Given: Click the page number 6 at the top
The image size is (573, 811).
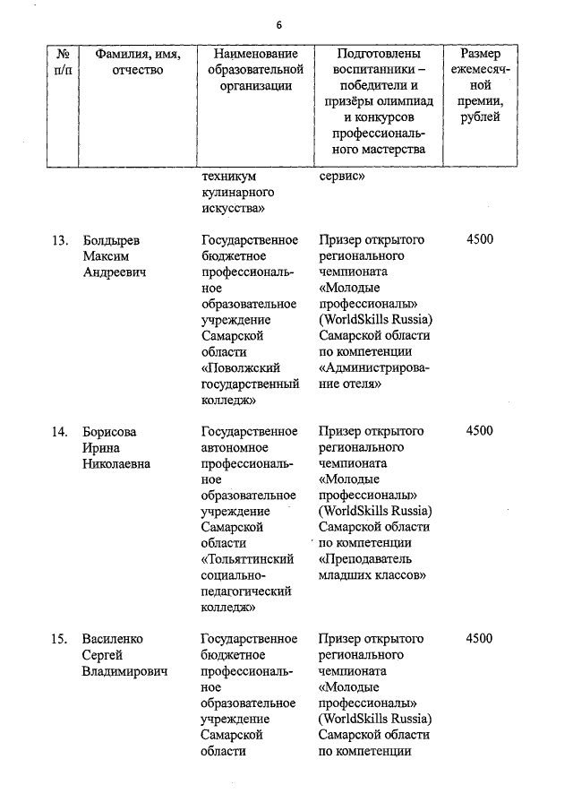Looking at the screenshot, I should [278, 24].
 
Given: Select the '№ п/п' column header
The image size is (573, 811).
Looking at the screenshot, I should [62, 62].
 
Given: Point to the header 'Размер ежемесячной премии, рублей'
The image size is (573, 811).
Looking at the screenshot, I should [480, 85].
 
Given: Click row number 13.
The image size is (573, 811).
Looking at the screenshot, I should [60, 239].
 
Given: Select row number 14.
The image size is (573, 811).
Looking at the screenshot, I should [60, 431].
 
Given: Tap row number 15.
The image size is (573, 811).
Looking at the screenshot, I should [60, 639].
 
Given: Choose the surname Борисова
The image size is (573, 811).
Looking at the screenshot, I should [109, 431].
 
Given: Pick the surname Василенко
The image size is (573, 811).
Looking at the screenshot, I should [113, 639].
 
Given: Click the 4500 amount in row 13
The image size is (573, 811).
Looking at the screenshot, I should [479, 239].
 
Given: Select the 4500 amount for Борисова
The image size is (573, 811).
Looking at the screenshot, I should [479, 431].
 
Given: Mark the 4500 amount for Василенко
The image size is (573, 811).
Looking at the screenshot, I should [479, 639].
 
